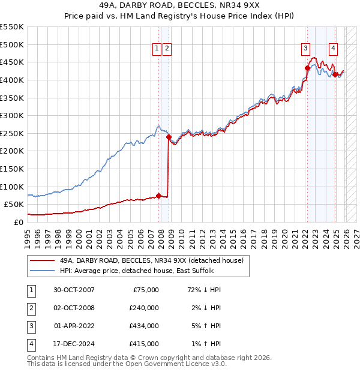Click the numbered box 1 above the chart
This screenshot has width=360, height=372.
(x=157, y=49)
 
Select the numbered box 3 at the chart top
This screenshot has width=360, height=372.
(x=306, y=49)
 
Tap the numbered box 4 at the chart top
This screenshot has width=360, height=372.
(x=333, y=49)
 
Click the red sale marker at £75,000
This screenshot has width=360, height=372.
(x=158, y=195)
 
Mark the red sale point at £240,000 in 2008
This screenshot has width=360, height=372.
(x=168, y=137)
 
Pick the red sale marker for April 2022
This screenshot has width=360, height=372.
(x=307, y=68)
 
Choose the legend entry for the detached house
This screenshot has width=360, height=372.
(x=151, y=260)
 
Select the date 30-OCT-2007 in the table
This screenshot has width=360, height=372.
(x=74, y=290)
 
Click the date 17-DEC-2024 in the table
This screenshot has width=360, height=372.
(x=74, y=344)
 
